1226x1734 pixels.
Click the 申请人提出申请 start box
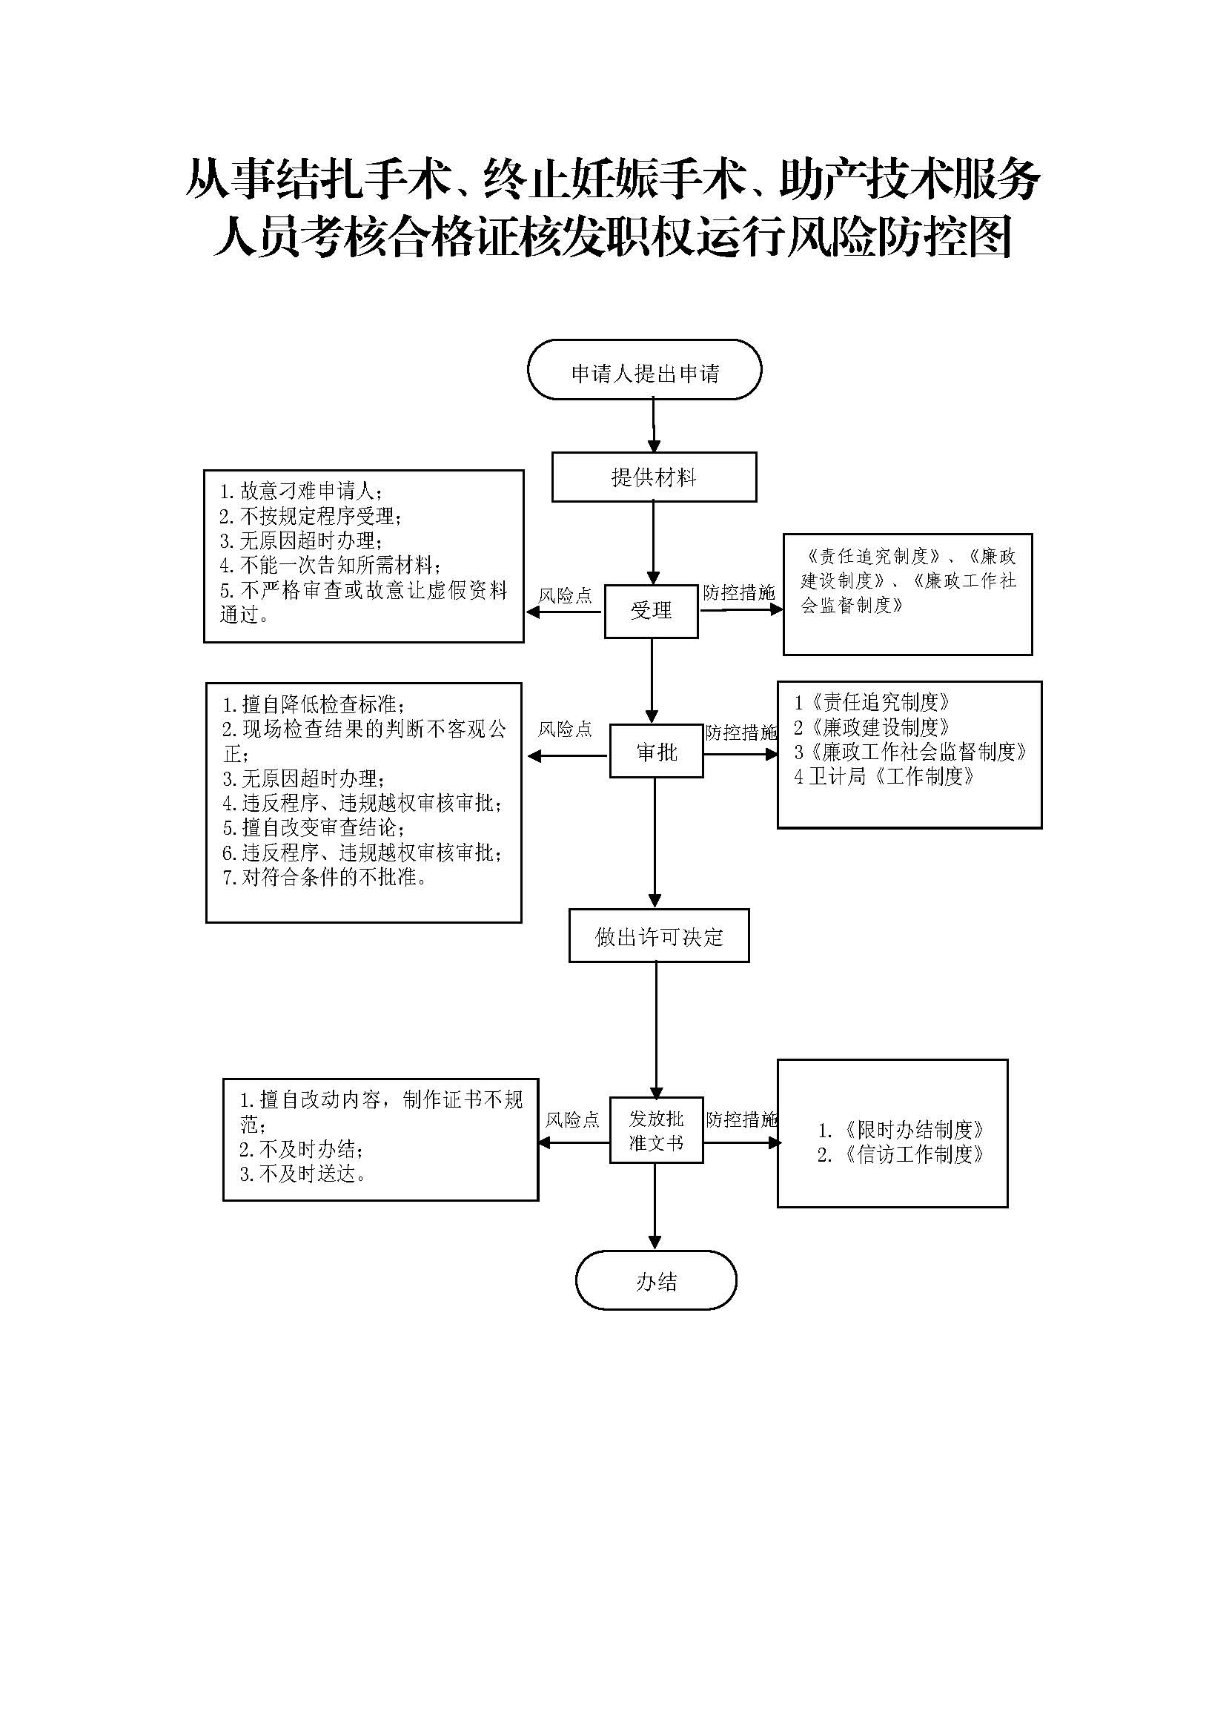(644, 370)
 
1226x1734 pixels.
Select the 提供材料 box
(654, 477)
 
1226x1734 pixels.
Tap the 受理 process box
(651, 611)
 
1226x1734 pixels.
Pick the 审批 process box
(656, 752)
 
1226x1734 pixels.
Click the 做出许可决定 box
(658, 936)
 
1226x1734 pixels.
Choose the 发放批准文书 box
(656, 1131)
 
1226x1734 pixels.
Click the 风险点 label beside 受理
(565, 596)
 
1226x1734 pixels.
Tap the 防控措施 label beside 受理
(739, 593)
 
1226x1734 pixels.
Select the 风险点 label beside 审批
(565, 729)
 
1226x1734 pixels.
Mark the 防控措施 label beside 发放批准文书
(741, 1119)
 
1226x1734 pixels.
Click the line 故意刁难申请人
(300, 492)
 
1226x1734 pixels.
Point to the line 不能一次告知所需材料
(330, 565)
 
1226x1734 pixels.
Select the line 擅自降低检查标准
(314, 704)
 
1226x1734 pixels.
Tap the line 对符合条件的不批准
(325, 878)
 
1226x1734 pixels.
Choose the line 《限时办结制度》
(901, 1130)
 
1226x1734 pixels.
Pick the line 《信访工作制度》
(901, 1155)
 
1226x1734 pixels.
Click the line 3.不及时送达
(303, 1174)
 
